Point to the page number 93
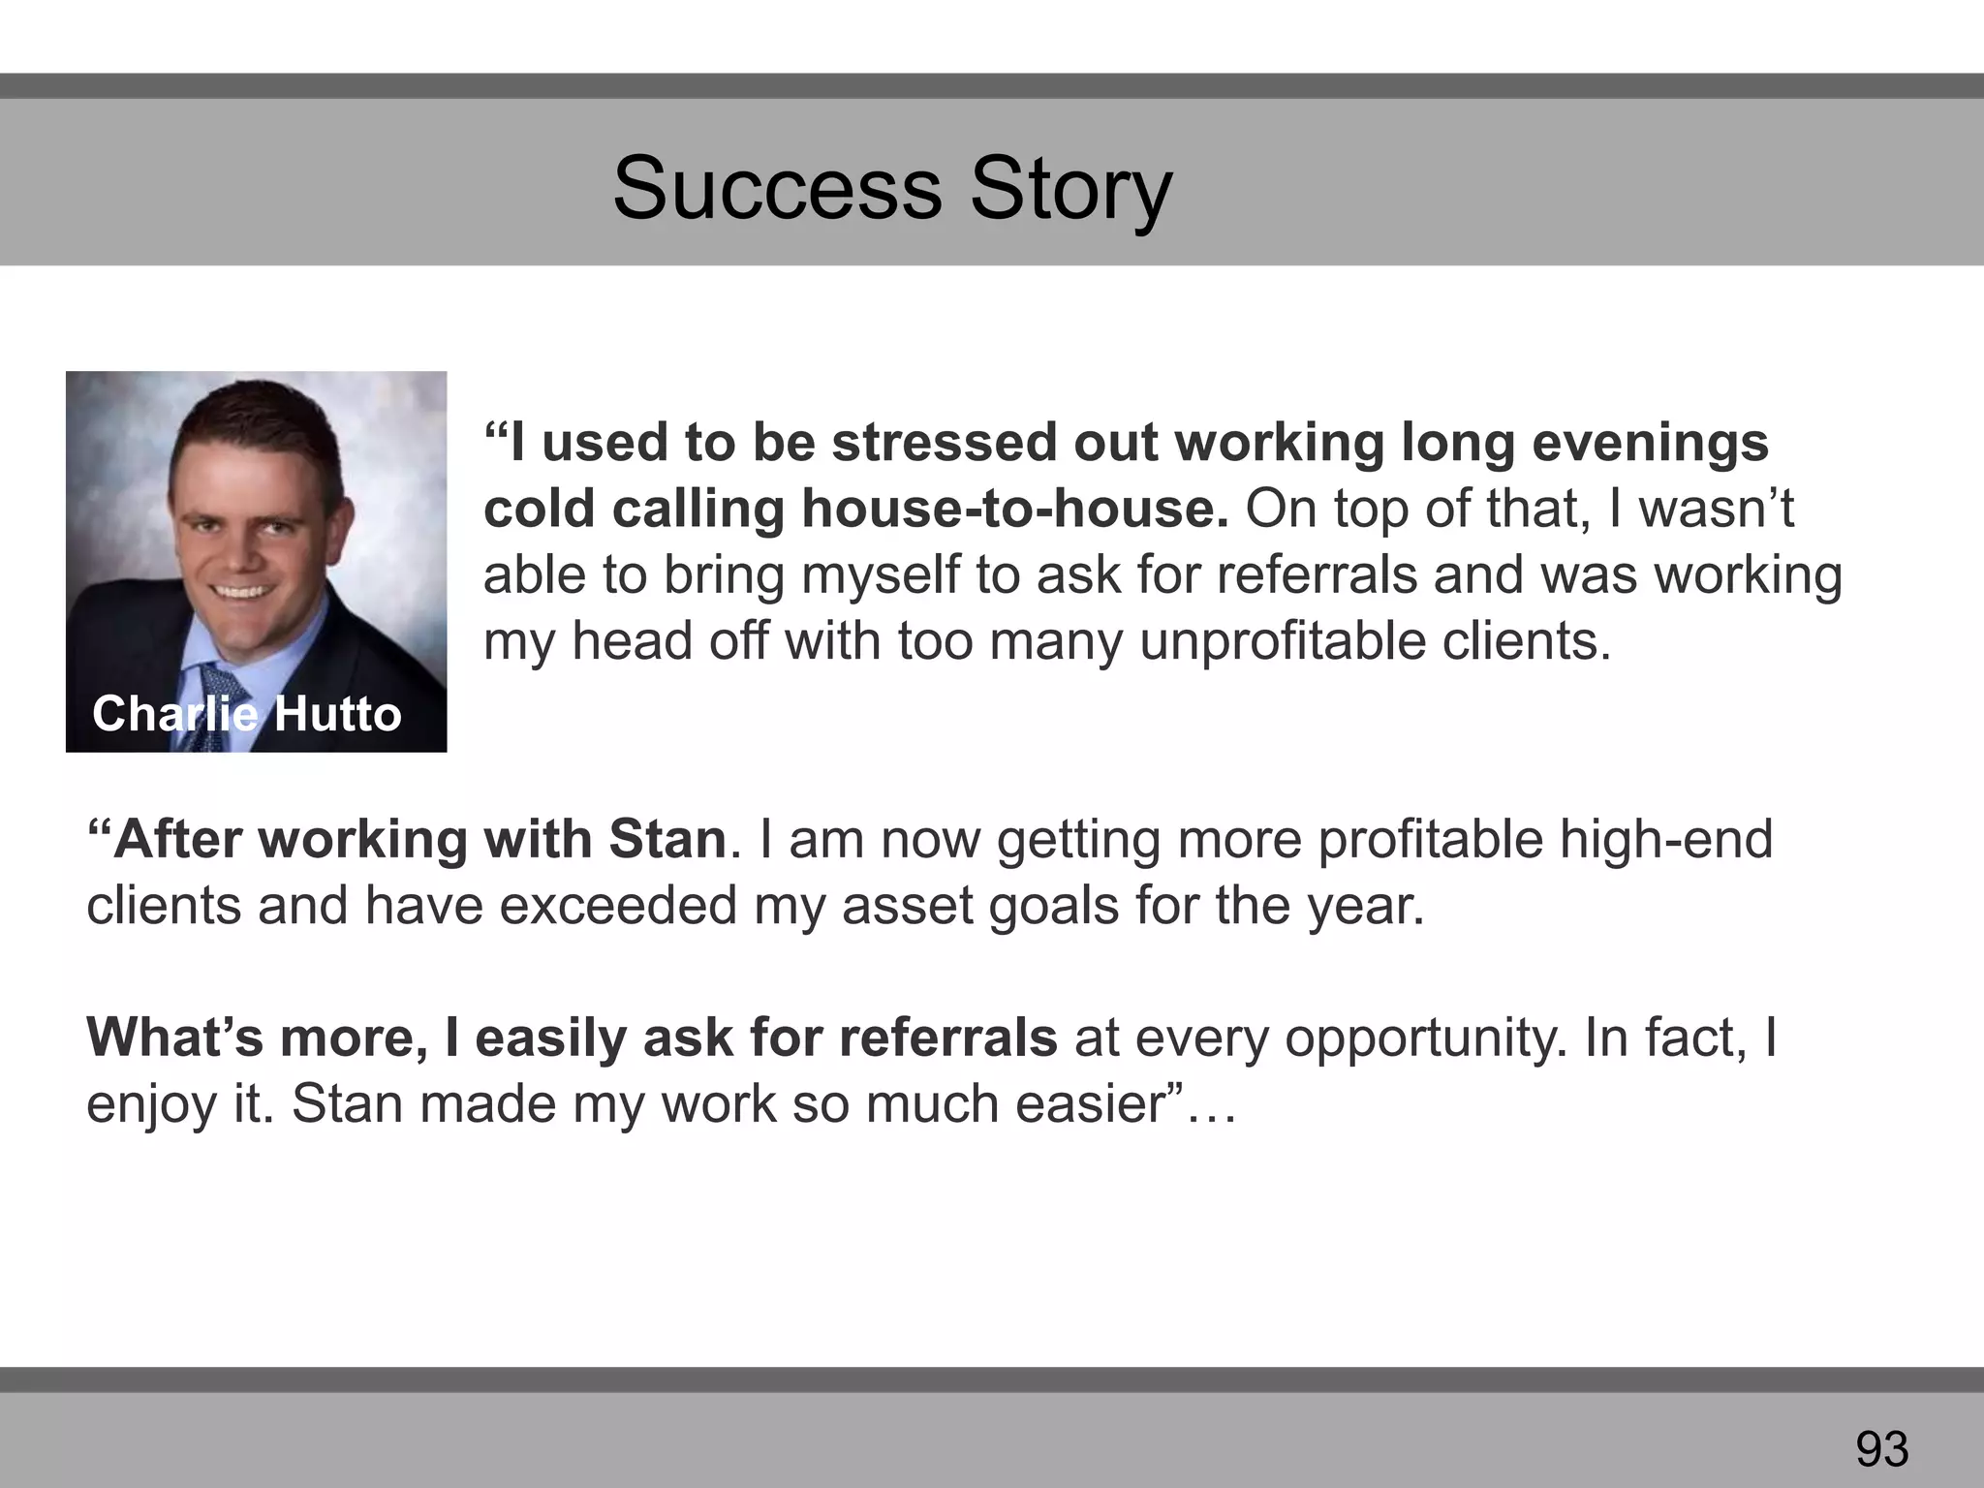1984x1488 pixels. (x=1881, y=1449)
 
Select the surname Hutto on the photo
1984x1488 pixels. (x=337, y=714)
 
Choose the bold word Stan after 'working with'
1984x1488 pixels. (x=667, y=839)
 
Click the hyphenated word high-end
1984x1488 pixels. (x=1665, y=839)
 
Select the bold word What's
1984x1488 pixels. (x=175, y=1038)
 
